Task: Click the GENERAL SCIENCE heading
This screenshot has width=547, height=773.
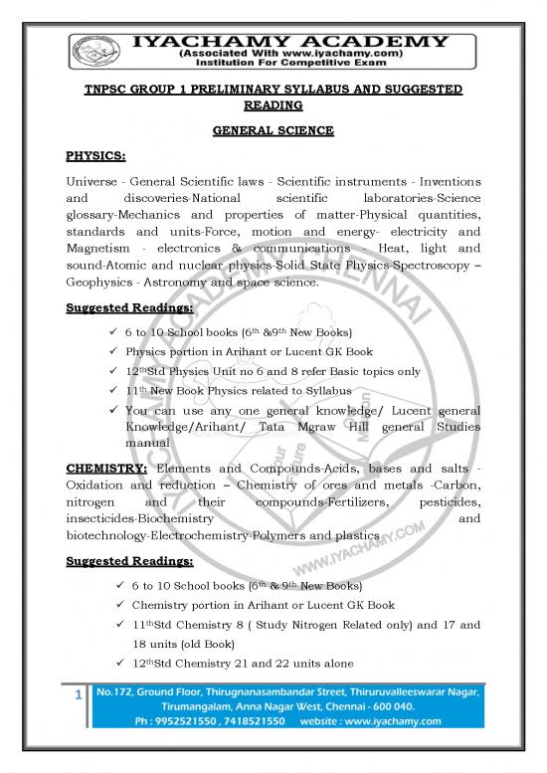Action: click(x=273, y=130)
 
